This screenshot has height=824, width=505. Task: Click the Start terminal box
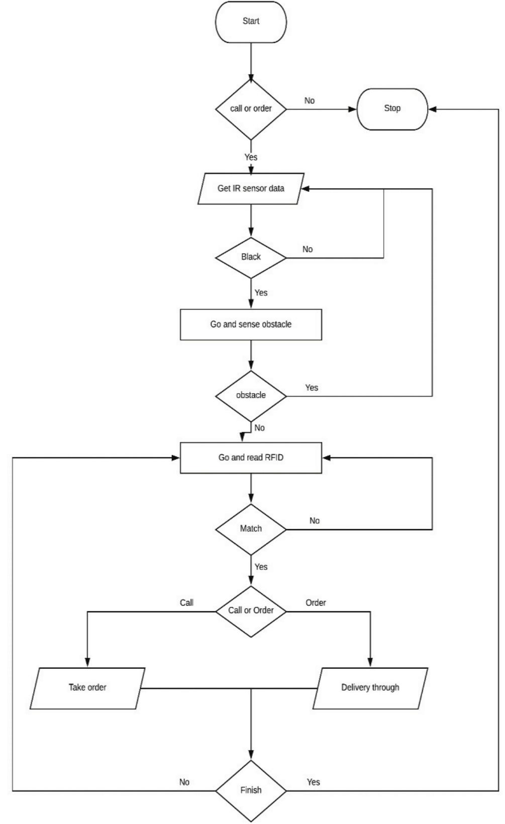pyautogui.click(x=251, y=22)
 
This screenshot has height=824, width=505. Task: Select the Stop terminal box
pyautogui.click(x=392, y=108)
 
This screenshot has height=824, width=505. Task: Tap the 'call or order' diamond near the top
pyautogui.click(x=251, y=108)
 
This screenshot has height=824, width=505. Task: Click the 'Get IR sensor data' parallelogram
pyautogui.click(x=251, y=189)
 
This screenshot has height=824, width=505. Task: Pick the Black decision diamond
pyautogui.click(x=251, y=257)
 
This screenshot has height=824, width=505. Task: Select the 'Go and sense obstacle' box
pyautogui.click(x=251, y=324)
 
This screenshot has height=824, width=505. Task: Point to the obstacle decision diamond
pyautogui.click(x=251, y=395)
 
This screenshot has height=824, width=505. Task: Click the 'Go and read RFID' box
pyautogui.click(x=251, y=457)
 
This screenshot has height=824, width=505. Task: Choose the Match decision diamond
pyautogui.click(x=251, y=529)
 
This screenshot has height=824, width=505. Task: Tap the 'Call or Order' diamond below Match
pyautogui.click(x=251, y=611)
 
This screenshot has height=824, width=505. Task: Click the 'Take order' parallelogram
pyautogui.click(x=87, y=687)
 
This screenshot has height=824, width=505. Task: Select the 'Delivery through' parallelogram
pyautogui.click(x=370, y=687)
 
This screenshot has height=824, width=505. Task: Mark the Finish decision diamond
pyautogui.click(x=251, y=790)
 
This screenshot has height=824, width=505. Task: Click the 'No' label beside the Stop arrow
pyautogui.click(x=310, y=101)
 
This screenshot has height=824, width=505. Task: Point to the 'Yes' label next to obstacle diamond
pyautogui.click(x=312, y=388)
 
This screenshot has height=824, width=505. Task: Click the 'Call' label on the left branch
pyautogui.click(x=186, y=603)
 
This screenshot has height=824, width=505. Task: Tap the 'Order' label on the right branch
pyautogui.click(x=316, y=603)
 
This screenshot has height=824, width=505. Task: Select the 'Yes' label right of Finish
pyautogui.click(x=313, y=782)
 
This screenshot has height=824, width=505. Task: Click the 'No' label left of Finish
pyautogui.click(x=184, y=782)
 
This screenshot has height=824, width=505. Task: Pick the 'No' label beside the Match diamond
pyautogui.click(x=315, y=521)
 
